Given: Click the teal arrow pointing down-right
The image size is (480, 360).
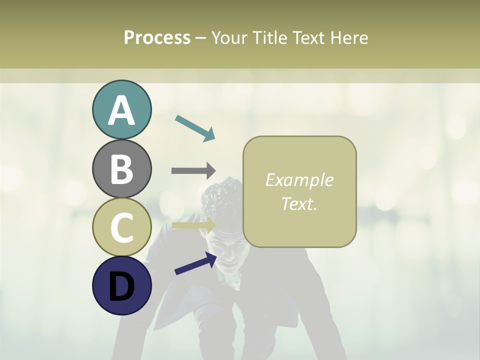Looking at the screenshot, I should pos(195,127).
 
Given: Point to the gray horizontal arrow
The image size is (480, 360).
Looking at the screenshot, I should pos(193,170).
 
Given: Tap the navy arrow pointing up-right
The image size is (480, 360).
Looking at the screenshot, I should pos(195,263).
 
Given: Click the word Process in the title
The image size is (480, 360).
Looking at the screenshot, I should pos(157,37).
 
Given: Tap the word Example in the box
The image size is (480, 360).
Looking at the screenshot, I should pos(299,180).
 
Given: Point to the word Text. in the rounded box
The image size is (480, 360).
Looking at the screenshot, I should pos(299,203).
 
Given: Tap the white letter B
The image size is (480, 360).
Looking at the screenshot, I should pos(121,169).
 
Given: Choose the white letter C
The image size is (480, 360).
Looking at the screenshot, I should pos(121,227).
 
